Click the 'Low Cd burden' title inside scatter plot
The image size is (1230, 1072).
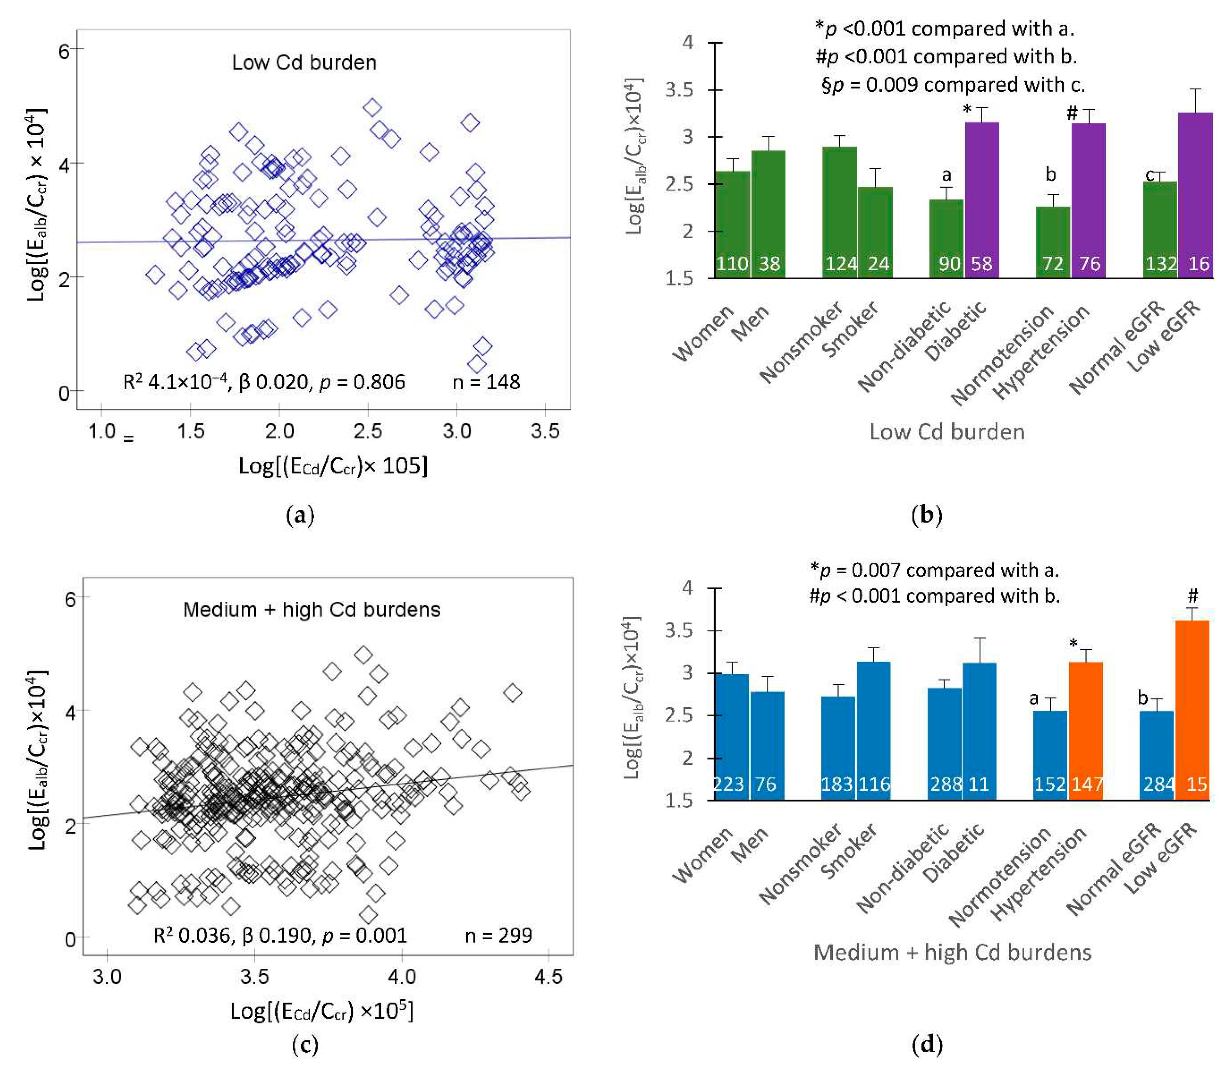tap(304, 62)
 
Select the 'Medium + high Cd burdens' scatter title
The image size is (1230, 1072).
tap(312, 610)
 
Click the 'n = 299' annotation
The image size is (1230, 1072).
tap(499, 935)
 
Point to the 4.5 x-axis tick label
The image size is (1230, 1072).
tap(548, 977)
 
